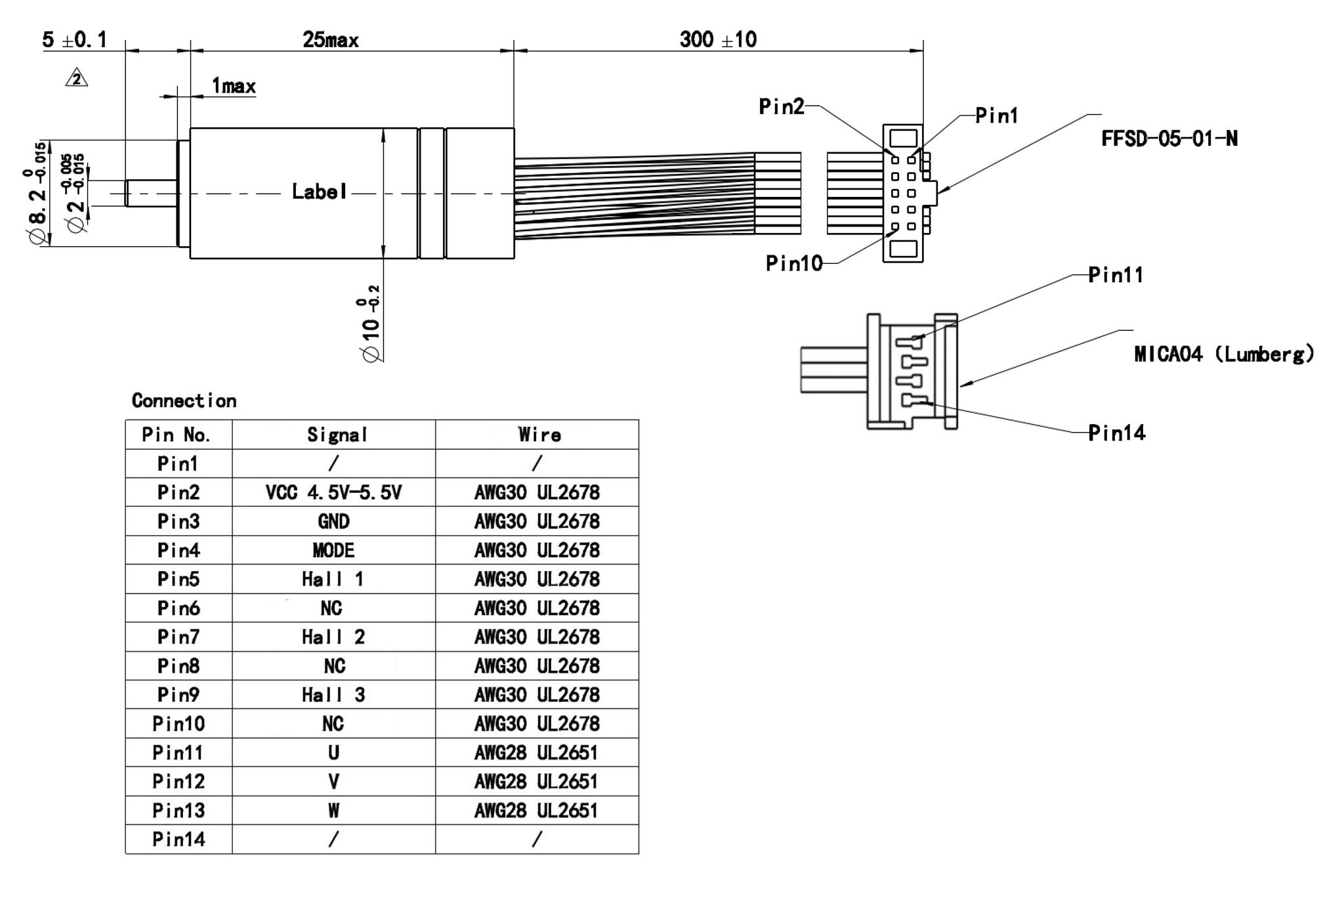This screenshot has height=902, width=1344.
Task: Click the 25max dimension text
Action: pyautogui.click(x=331, y=40)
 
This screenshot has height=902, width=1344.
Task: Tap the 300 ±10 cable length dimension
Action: pyautogui.click(x=718, y=39)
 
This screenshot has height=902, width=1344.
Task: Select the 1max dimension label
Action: pyautogui.click(x=234, y=86)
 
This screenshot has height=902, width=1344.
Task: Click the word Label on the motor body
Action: pyautogui.click(x=319, y=192)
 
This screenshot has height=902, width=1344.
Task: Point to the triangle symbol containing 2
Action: pyautogui.click(x=77, y=79)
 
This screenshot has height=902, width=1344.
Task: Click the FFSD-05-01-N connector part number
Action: pyautogui.click(x=1169, y=139)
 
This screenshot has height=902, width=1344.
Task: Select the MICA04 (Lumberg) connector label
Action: pyautogui.click(x=1224, y=354)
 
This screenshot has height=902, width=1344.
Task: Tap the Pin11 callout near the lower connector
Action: pyautogui.click(x=1116, y=275)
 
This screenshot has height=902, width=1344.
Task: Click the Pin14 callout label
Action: pyautogui.click(x=1116, y=433)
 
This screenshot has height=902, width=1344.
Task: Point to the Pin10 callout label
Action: pyautogui.click(x=794, y=263)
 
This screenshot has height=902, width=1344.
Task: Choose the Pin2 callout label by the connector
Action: pyautogui.click(x=782, y=106)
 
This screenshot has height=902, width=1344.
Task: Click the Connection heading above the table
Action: pyautogui.click(x=184, y=400)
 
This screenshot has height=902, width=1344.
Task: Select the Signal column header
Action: pyautogui.click(x=337, y=435)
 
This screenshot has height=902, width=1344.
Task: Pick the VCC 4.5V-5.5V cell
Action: pyautogui.click(x=333, y=492)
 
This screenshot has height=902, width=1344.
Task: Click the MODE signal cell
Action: pyautogui.click(x=333, y=550)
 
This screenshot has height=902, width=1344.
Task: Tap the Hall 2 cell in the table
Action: pyautogui.click(x=333, y=637)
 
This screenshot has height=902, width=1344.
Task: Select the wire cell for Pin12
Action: pyautogui.click(x=536, y=781)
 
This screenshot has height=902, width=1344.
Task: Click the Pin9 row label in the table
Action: pyautogui.click(x=178, y=695)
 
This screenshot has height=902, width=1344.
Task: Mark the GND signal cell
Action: pyautogui.click(x=333, y=521)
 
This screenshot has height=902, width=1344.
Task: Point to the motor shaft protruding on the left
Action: pyautogui.click(x=151, y=193)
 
